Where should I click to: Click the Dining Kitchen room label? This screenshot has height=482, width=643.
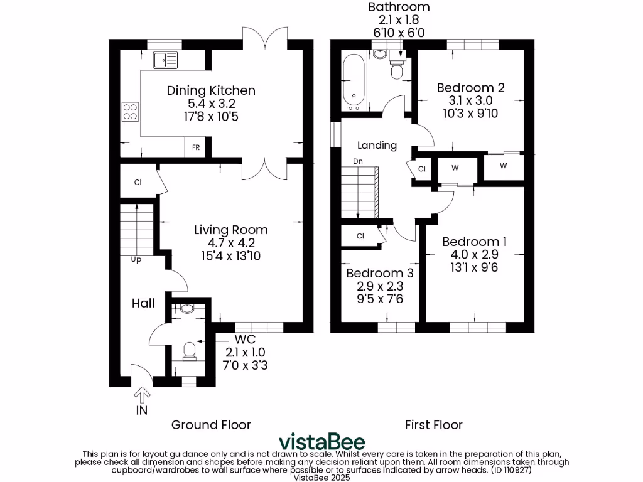point(211,90)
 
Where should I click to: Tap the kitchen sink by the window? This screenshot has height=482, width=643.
point(166,60)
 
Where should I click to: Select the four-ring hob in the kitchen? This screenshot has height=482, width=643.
point(130,111)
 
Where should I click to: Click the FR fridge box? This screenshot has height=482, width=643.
point(196,147)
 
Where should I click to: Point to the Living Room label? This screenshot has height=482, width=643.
point(230,230)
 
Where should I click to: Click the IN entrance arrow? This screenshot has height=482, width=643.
point(142,395)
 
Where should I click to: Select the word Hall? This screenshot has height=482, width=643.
point(143,303)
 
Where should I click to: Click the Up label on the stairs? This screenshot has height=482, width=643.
point(136,259)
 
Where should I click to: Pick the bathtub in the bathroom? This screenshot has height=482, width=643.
point(354,82)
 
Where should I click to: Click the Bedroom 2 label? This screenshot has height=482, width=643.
point(470,87)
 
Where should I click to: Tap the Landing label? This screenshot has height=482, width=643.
point(377,146)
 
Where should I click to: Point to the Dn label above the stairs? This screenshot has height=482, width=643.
point(358,161)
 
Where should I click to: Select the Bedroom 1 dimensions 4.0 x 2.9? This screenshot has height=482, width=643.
point(474,255)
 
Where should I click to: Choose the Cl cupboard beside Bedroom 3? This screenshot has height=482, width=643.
point(360,236)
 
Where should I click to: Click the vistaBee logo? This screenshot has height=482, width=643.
point(321,441)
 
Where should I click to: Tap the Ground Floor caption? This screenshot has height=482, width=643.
point(211,425)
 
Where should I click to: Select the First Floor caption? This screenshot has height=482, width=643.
point(433,425)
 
